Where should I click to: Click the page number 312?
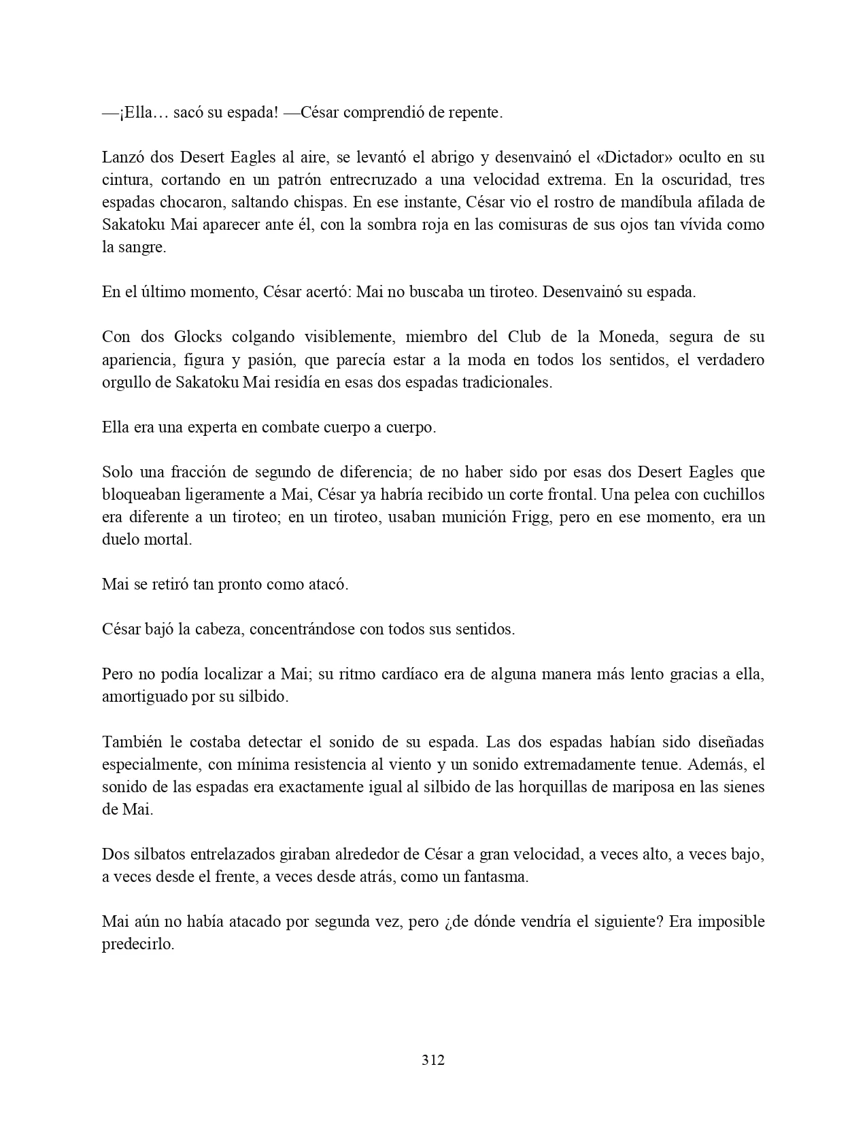point(433,1059)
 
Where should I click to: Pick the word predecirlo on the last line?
point(138,945)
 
